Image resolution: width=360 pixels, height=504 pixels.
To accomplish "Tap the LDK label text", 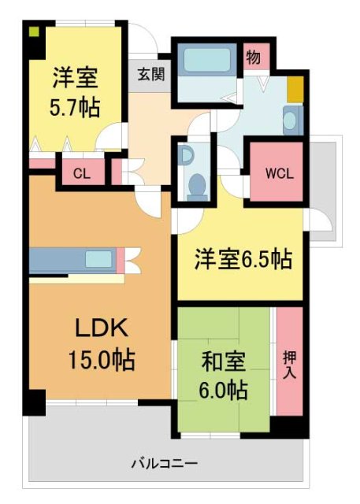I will pos(101,326).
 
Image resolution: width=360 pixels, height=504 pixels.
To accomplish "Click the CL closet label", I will pos(82,174).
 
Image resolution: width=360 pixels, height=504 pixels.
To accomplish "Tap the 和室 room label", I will pos(225,363).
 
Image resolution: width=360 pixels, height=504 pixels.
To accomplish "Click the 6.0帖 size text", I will pos(225,389).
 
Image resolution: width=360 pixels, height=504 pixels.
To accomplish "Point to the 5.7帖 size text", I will pos(76,107).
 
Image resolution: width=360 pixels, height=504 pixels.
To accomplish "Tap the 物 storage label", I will pos(254,58).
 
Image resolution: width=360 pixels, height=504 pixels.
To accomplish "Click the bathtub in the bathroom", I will pos(204,60).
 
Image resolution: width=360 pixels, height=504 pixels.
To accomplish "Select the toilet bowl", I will pos(196,186).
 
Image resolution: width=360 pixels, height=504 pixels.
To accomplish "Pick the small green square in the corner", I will pos(34,32).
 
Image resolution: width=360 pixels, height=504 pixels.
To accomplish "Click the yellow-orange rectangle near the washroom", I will pos(294,90).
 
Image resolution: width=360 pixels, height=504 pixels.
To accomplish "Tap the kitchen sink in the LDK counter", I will pos(98,258).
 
